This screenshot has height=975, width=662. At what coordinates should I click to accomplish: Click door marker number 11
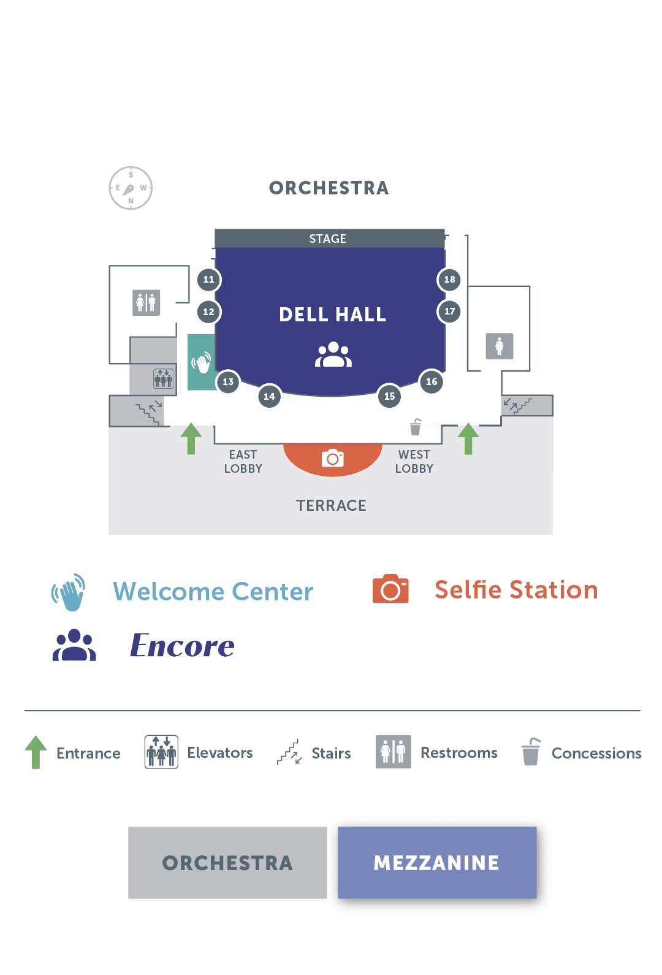(208, 280)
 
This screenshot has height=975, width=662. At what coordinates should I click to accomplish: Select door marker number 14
(269, 396)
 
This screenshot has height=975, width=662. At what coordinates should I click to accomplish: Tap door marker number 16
(432, 381)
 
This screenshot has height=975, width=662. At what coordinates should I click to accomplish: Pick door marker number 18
(449, 280)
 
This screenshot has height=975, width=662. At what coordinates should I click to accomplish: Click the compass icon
(131, 188)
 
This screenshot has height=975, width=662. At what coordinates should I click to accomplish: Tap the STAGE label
(328, 239)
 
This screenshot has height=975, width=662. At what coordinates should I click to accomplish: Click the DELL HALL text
(332, 315)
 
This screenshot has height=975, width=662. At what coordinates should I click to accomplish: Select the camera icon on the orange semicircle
(333, 458)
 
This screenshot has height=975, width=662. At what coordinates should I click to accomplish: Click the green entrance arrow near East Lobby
(191, 438)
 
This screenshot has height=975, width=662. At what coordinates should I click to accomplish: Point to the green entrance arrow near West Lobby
(468, 438)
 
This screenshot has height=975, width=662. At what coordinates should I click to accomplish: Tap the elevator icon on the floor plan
(163, 378)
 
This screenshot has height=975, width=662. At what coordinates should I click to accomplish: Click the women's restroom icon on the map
(500, 346)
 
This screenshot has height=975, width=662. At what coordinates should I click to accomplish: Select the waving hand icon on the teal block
(201, 362)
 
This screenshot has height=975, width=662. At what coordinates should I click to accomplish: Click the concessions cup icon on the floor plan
(416, 427)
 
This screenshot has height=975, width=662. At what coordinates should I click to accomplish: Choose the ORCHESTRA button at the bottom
(227, 863)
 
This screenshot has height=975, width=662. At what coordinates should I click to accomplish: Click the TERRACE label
(331, 505)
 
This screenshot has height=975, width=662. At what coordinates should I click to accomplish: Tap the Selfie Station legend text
(516, 590)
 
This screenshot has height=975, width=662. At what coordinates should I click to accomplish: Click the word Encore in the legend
(183, 646)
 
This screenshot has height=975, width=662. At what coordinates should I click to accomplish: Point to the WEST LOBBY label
(414, 461)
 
